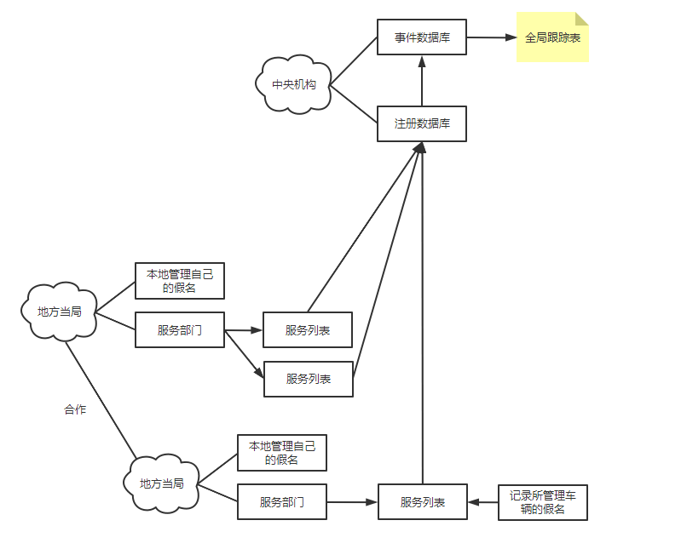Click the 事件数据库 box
(x=422, y=37)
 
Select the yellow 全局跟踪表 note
(x=551, y=38)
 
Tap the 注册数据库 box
(x=422, y=123)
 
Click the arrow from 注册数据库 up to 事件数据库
(x=422, y=80)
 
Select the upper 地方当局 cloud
(x=60, y=312)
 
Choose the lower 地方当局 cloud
(x=162, y=483)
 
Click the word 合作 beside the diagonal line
(x=75, y=409)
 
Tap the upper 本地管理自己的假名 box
(x=180, y=281)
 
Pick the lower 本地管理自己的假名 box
(x=281, y=453)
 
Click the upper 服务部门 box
(x=180, y=330)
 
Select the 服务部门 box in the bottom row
(x=281, y=502)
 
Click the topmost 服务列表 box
(x=308, y=330)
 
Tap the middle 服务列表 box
(x=309, y=379)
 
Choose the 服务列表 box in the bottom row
(x=423, y=502)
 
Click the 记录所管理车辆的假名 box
(x=543, y=502)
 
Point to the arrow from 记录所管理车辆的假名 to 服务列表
(x=483, y=502)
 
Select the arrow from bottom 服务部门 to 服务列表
(x=352, y=502)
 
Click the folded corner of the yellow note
(x=583, y=18)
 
